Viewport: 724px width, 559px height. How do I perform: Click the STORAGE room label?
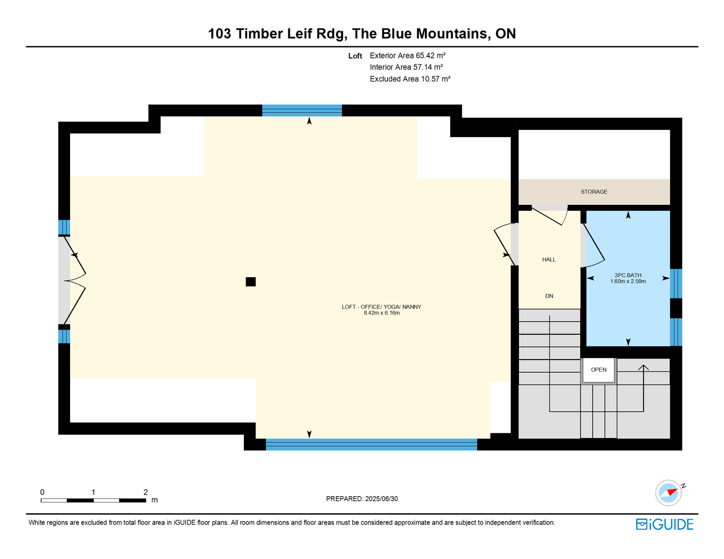(x=594, y=192)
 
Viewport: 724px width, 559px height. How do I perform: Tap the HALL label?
(x=549, y=259)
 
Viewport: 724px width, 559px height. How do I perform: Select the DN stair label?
(x=549, y=296)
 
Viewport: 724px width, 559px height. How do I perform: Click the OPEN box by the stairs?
(x=598, y=370)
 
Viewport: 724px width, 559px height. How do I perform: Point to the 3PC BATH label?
(x=628, y=275)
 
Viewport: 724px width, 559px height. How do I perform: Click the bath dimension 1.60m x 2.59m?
(x=628, y=281)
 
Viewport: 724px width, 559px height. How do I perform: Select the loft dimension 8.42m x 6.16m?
(x=381, y=313)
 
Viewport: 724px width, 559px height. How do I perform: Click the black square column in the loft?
(x=251, y=282)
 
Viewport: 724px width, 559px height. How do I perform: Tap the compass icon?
(x=669, y=493)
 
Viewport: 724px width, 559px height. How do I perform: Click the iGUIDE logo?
(x=664, y=524)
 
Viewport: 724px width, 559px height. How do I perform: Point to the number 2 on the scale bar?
(x=146, y=492)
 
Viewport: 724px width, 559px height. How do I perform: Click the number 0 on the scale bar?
(x=43, y=492)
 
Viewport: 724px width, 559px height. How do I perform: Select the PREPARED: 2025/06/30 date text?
(x=362, y=499)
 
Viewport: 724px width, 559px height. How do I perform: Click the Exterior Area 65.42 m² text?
(x=408, y=56)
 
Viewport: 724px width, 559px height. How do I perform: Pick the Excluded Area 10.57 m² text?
(x=410, y=79)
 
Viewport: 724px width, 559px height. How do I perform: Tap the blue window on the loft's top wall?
(x=302, y=110)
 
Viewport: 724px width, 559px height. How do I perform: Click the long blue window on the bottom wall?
(x=371, y=445)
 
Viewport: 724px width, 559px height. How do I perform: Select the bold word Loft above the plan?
(x=355, y=56)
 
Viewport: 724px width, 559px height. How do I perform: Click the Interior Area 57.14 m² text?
(x=406, y=67)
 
